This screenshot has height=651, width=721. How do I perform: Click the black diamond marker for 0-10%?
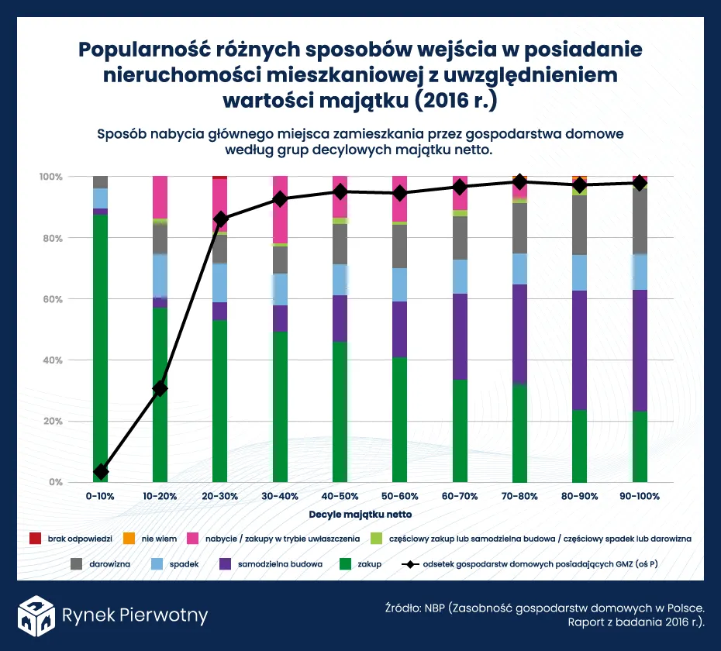point(100,472)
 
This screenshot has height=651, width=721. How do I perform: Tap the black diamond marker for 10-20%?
point(160,388)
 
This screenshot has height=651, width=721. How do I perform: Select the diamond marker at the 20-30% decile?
point(220,219)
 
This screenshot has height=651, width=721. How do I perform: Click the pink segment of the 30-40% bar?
point(280,209)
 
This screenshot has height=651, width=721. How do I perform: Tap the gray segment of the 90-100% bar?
point(639,221)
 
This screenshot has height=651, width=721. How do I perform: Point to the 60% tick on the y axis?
point(52,299)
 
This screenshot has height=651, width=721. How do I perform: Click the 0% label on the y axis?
point(55,482)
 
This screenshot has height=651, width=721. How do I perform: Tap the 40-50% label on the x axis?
point(340,496)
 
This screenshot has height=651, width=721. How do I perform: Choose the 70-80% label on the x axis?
point(519,496)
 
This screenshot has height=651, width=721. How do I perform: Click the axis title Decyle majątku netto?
point(360,514)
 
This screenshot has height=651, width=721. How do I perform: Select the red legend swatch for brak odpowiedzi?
point(34,538)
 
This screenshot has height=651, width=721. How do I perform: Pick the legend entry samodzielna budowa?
point(280,564)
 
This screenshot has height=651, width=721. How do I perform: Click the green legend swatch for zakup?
point(346,564)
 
